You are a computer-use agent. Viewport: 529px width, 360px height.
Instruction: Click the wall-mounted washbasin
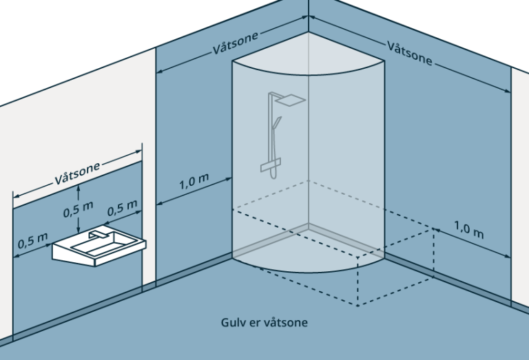click(x=100, y=248)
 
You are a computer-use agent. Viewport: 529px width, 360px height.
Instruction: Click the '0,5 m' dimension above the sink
click(x=79, y=209)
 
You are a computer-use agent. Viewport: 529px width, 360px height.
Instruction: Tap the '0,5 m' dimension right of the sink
click(x=123, y=209)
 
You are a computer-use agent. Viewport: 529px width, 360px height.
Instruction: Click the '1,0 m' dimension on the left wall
click(x=194, y=184)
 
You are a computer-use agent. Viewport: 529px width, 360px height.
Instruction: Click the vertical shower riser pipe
click(x=269, y=131)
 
